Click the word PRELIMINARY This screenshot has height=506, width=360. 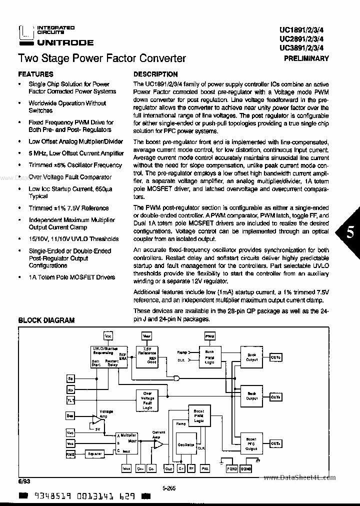coord(306,58)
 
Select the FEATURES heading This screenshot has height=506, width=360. coord(35,74)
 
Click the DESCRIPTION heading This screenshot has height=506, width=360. coord(155,74)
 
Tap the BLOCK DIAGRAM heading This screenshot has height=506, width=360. coord(46,320)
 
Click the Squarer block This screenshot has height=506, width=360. coord(94,453)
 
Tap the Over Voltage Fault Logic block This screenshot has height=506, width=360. coord(147,400)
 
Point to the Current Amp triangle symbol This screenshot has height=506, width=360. coord(158,443)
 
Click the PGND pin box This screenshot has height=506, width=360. coord(232,469)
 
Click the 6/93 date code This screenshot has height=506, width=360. coord(23,481)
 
